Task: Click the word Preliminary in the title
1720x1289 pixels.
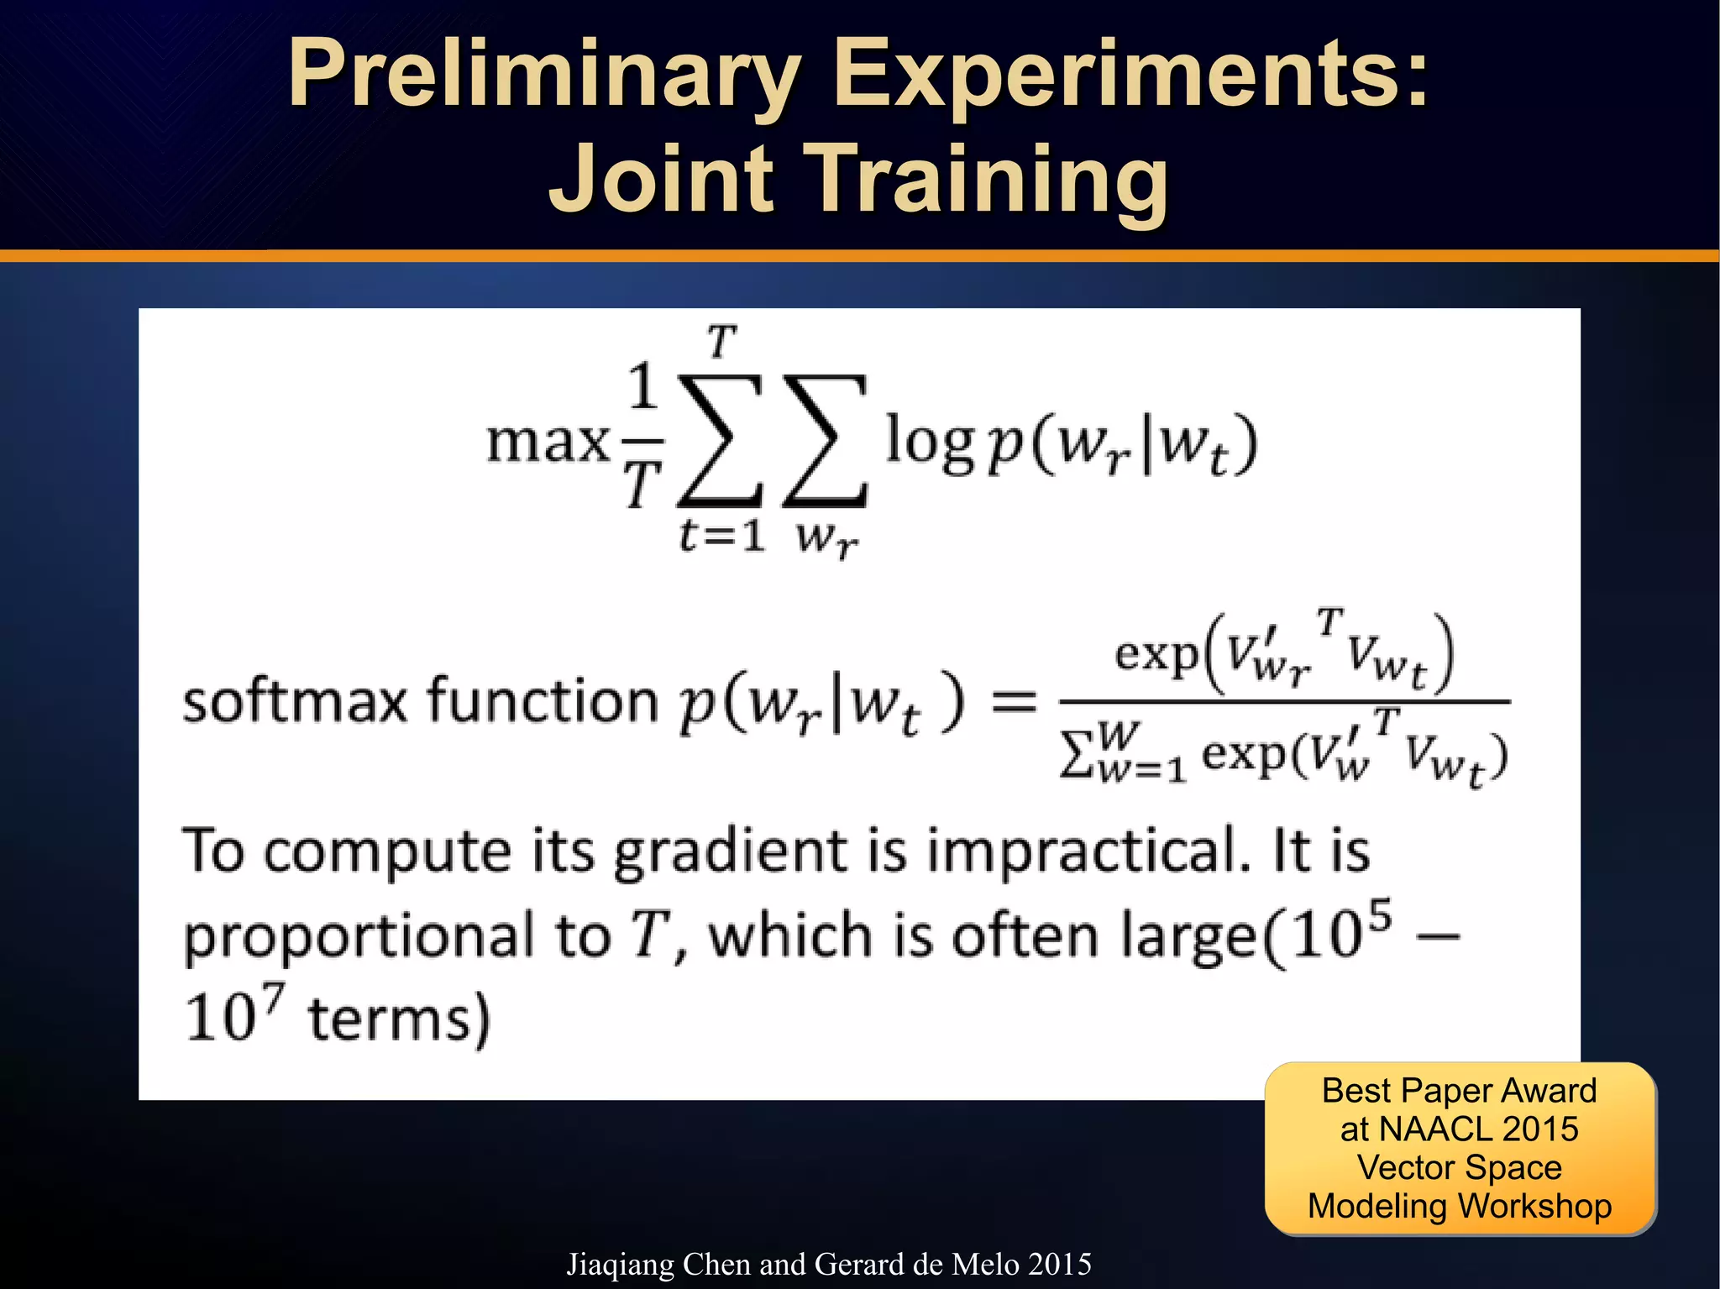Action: pos(544,76)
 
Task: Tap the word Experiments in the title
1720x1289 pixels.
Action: pos(1130,76)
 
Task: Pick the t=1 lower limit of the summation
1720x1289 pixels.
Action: pos(722,535)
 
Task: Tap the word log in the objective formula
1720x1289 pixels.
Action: pos(930,443)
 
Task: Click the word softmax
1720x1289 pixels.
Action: pos(294,701)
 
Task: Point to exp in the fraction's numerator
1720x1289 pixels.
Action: pos(1156,653)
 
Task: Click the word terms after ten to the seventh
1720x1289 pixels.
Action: pos(399,1019)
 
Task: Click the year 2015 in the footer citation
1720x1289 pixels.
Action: pos(1059,1264)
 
